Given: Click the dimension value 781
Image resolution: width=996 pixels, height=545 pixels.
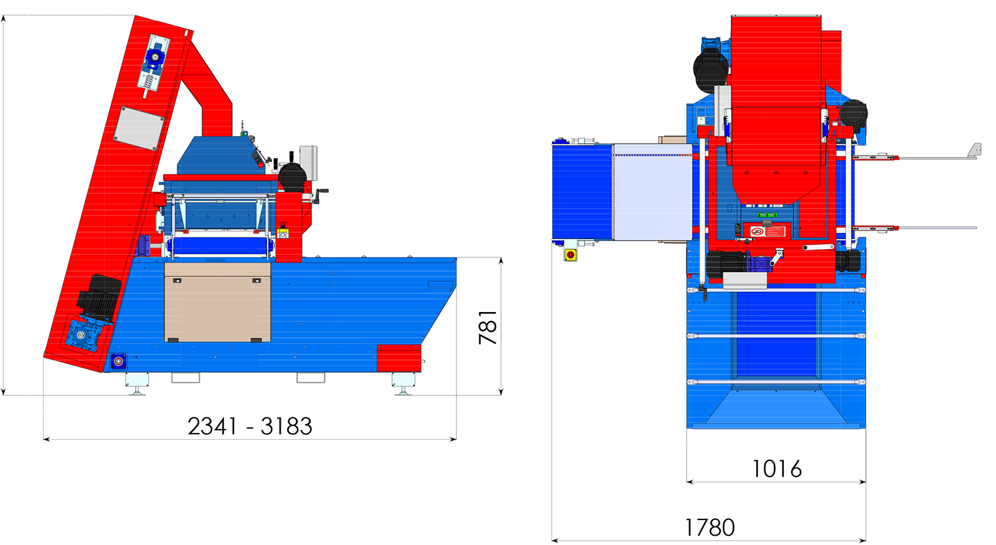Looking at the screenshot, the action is coord(488,328).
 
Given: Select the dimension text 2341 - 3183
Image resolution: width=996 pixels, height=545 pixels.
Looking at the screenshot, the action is coord(250,426).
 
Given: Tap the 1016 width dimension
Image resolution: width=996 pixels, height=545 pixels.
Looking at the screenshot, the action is coord(776,469).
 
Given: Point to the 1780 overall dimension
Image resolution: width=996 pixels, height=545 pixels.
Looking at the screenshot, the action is coord(709,528).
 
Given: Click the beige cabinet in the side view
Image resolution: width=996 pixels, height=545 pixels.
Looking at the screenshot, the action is coord(217,302).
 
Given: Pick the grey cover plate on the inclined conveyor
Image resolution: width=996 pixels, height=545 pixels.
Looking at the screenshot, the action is coord(139,128).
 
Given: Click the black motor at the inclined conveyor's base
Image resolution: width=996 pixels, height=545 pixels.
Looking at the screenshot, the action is coord(99,296).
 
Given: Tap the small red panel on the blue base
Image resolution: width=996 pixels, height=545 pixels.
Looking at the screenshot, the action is coord(399,358).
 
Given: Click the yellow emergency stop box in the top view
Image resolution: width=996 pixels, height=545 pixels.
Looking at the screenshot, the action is coord(570,255).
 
